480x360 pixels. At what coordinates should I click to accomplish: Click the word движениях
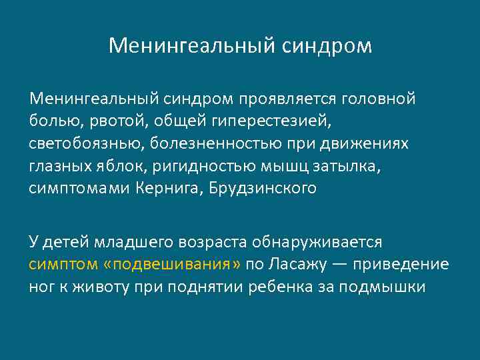pos(371,144)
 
